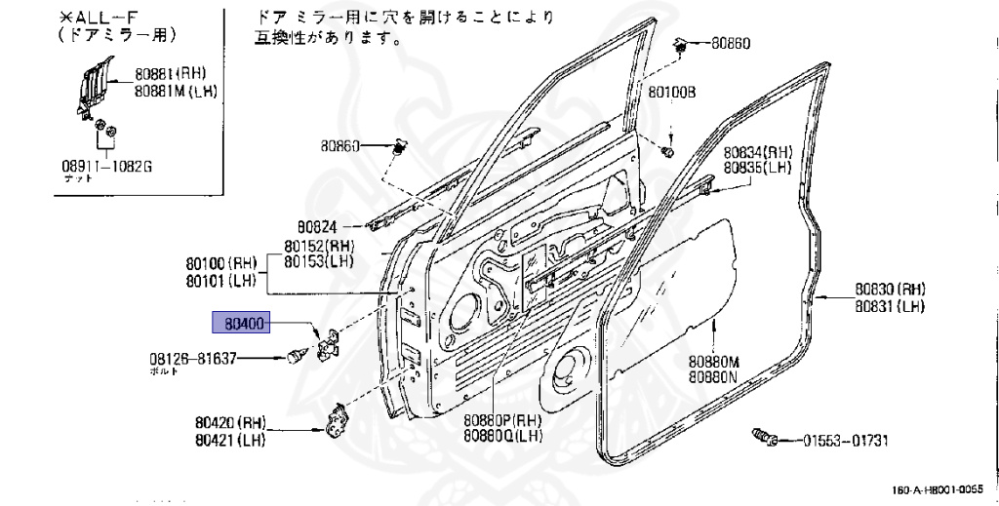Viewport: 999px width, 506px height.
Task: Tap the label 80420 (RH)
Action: click(229, 424)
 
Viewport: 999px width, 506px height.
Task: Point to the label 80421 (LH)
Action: click(228, 440)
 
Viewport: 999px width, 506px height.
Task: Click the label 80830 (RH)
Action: click(890, 290)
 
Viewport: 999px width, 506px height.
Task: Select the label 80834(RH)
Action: click(757, 153)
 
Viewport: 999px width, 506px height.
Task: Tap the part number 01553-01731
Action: click(846, 441)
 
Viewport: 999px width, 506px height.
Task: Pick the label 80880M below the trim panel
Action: click(713, 362)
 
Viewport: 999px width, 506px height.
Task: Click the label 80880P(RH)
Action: click(502, 419)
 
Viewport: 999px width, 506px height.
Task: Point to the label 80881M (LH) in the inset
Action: click(176, 92)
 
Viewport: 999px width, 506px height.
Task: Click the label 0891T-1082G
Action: click(106, 166)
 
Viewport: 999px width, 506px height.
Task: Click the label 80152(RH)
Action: click(320, 247)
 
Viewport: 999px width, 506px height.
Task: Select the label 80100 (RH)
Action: click(220, 263)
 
